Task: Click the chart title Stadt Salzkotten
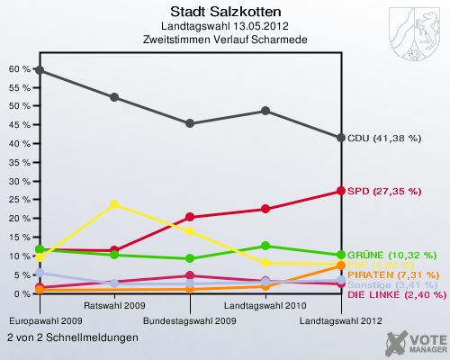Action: coord(225,12)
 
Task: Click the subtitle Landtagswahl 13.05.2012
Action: coord(225,25)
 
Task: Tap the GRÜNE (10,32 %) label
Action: coord(391,255)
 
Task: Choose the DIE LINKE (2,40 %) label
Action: coord(396,293)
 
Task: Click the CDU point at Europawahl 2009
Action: coord(39,70)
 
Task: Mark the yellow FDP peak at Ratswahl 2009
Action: coord(114,204)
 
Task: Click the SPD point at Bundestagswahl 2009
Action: coord(190,217)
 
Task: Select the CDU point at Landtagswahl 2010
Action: coord(265,111)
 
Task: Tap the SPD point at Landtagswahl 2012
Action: coord(340,191)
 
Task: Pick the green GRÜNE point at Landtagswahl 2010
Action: coord(265,246)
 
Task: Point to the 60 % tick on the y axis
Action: coord(18,68)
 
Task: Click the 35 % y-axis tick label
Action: coord(18,162)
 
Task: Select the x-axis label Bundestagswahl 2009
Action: coord(190,320)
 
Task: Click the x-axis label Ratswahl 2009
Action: coord(114,306)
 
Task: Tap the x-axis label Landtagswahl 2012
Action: coord(340,320)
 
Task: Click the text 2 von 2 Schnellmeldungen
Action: coord(72,337)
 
